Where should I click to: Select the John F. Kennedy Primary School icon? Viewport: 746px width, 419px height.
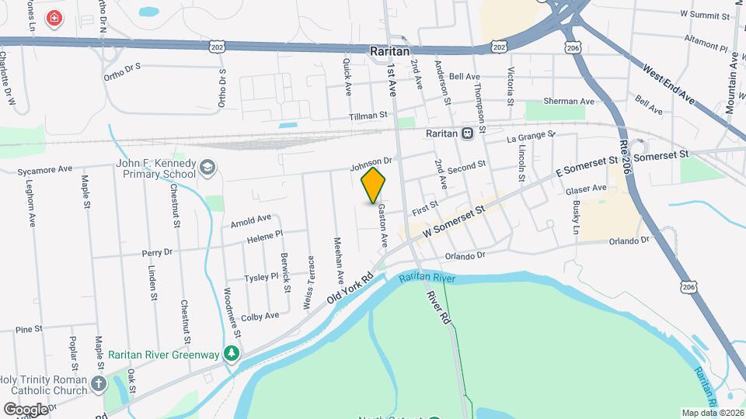tap(208, 168)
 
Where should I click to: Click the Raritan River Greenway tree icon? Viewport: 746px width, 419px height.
tap(231, 354)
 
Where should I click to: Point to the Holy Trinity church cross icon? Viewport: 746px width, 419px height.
tap(98, 383)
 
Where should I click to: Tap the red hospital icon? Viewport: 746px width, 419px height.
tap(54, 17)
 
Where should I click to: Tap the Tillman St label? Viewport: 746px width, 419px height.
tap(368, 115)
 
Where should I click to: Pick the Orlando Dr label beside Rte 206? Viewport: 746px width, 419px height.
tap(629, 241)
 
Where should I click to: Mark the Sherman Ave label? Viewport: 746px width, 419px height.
tap(569, 101)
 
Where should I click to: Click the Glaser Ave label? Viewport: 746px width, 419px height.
tap(586, 189)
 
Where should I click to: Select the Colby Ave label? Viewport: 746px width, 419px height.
tap(260, 317)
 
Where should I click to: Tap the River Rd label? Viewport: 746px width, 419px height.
tap(438, 307)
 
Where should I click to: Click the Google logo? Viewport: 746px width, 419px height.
tap(25, 408)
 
